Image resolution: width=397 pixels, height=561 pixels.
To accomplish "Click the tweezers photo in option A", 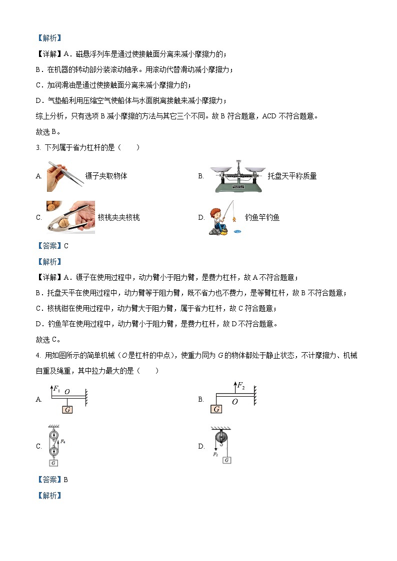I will click(x=65, y=176).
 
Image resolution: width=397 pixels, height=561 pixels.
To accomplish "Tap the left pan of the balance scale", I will click(x=220, y=169).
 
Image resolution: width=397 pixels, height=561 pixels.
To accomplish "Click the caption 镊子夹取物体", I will click(x=106, y=176).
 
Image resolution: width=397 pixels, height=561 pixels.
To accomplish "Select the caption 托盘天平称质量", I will click(x=292, y=176).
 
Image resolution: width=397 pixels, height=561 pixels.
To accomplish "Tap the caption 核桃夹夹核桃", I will click(x=119, y=217).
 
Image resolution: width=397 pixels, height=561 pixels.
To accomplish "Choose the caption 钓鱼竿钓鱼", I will click(x=262, y=217).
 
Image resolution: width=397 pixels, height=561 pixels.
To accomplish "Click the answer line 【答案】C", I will click(x=52, y=245).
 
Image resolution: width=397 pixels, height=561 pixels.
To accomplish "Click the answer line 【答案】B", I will click(x=52, y=480).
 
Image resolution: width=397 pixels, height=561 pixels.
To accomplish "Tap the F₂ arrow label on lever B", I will click(x=240, y=386).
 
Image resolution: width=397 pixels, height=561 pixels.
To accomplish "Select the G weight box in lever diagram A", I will click(x=67, y=410).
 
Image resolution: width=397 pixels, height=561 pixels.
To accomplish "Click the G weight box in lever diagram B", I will click(x=216, y=409).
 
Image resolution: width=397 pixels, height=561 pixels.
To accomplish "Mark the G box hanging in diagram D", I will click(x=227, y=460).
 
